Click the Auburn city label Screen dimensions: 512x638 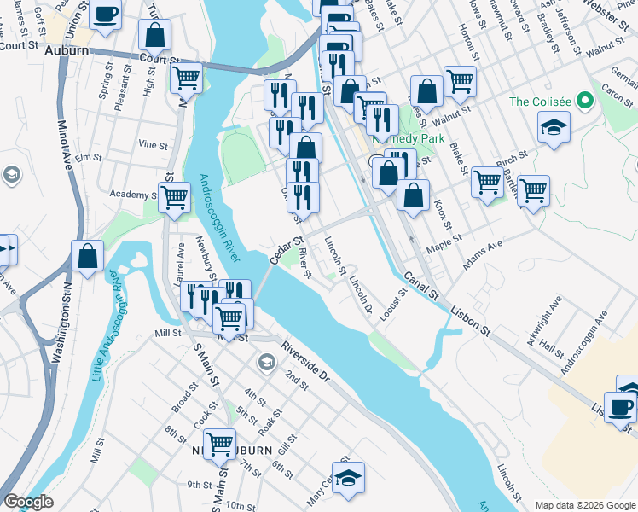click(x=67, y=51)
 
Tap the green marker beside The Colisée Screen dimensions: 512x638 click(x=584, y=102)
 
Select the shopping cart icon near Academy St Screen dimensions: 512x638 click(x=174, y=196)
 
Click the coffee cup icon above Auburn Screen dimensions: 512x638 click(x=106, y=15)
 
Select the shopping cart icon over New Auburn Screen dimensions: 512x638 click(x=220, y=442)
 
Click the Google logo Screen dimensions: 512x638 click(x=28, y=502)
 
